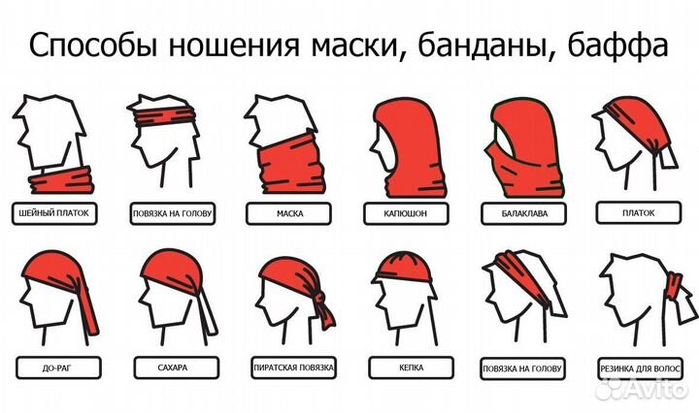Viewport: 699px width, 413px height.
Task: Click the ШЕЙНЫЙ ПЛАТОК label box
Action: [55, 212]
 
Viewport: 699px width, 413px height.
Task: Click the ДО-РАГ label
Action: [55, 368]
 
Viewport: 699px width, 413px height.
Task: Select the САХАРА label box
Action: [172, 368]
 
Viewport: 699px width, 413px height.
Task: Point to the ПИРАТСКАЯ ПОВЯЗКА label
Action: [290, 368]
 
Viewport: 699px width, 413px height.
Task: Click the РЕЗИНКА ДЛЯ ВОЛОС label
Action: [641, 369]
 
